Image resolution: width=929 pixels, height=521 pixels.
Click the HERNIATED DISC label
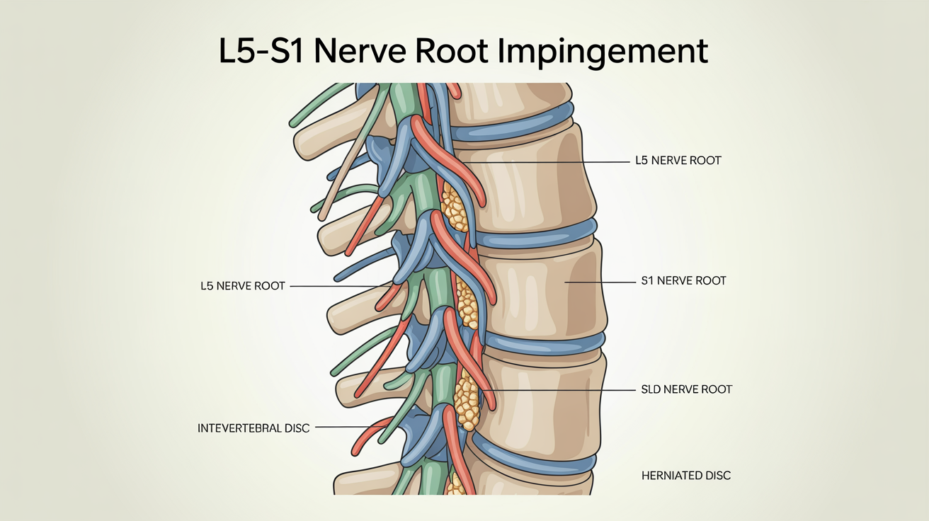685,476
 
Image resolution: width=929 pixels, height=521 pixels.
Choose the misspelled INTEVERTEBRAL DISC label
253,428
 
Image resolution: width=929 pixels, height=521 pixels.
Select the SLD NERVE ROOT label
686,389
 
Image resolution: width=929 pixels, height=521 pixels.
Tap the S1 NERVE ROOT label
683,281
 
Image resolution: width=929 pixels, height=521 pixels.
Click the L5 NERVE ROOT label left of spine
243,286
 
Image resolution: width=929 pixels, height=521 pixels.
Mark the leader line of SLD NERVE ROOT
559,389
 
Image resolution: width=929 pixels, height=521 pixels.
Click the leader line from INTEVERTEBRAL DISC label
343,428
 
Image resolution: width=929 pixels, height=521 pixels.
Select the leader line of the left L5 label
336,286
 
